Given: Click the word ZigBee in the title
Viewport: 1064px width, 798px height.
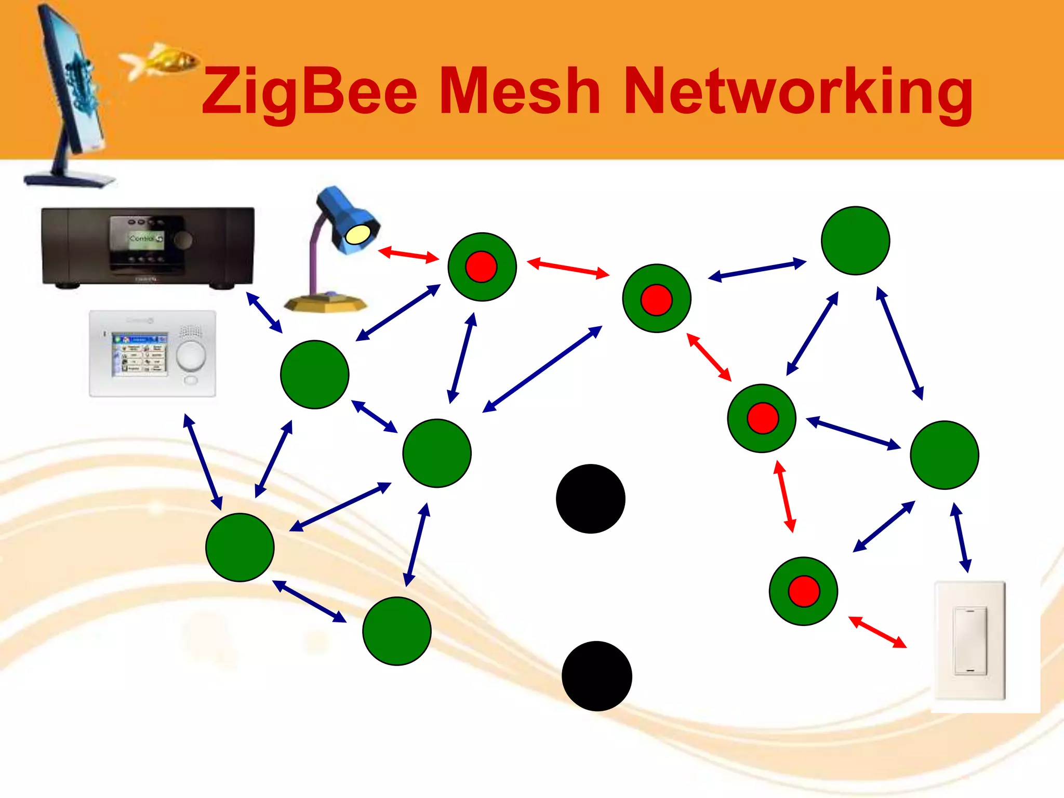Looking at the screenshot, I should pyautogui.click(x=309, y=92).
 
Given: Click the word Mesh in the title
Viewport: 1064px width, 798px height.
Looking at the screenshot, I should pyautogui.click(x=520, y=92).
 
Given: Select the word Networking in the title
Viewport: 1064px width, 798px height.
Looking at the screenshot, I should pyautogui.click(x=797, y=92).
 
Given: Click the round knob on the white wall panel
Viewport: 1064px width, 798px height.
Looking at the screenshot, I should pyautogui.click(x=191, y=355).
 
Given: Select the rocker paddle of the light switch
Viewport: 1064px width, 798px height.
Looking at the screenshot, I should pyautogui.click(x=969, y=641).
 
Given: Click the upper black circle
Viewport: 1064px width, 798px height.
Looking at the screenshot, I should pyautogui.click(x=590, y=499).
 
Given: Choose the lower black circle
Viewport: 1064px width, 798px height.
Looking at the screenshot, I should pyautogui.click(x=596, y=676).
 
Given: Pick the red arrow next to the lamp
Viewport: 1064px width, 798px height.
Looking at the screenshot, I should pyautogui.click(x=408, y=255).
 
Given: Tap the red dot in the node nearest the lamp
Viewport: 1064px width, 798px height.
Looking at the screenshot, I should pyautogui.click(x=481, y=267).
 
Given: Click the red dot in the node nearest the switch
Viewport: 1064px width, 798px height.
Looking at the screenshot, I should pyautogui.click(x=804, y=591).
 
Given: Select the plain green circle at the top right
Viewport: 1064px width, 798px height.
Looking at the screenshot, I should pyautogui.click(x=855, y=241).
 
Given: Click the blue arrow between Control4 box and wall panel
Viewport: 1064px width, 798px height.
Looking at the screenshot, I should pyautogui.click(x=264, y=312).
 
